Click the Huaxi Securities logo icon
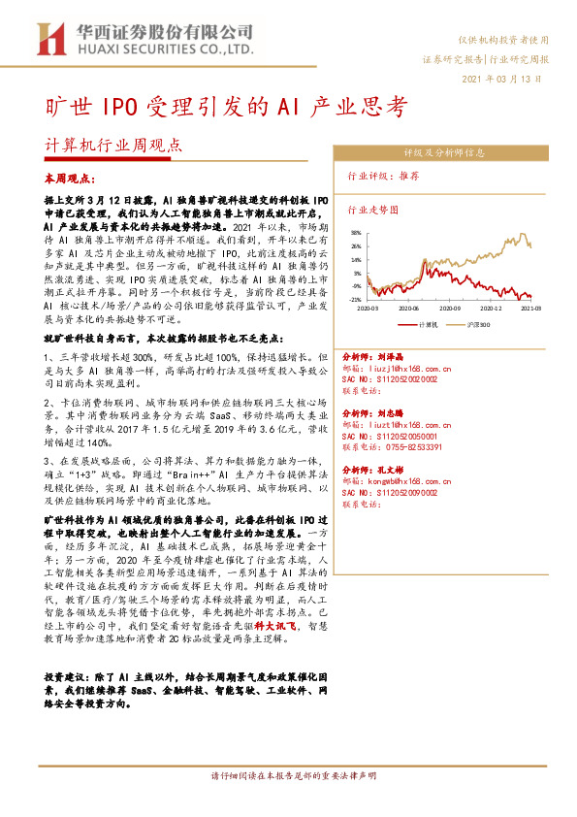(48, 38)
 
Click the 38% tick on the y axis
(357, 233)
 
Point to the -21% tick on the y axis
(356, 301)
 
